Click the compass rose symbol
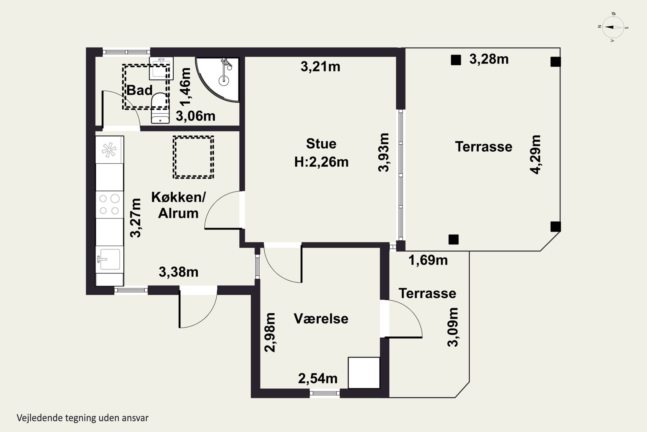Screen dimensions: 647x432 tap(613, 27)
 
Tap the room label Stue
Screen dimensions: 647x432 tap(321, 144)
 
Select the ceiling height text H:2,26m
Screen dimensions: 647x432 tap(321, 162)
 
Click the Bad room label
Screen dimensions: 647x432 tap(140, 90)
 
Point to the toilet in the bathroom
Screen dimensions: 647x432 tap(160, 108)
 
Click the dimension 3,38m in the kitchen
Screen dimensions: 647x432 tap(179, 272)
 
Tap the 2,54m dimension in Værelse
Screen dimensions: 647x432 tap(318, 379)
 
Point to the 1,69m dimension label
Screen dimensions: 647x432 tap(428, 260)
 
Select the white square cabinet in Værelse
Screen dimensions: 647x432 tap(364, 373)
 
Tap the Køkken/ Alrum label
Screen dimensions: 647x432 tap(178, 205)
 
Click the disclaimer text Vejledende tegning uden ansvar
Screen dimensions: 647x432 tap(83, 418)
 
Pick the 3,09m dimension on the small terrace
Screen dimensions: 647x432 tap(453, 327)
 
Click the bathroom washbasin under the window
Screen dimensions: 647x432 tap(161, 68)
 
